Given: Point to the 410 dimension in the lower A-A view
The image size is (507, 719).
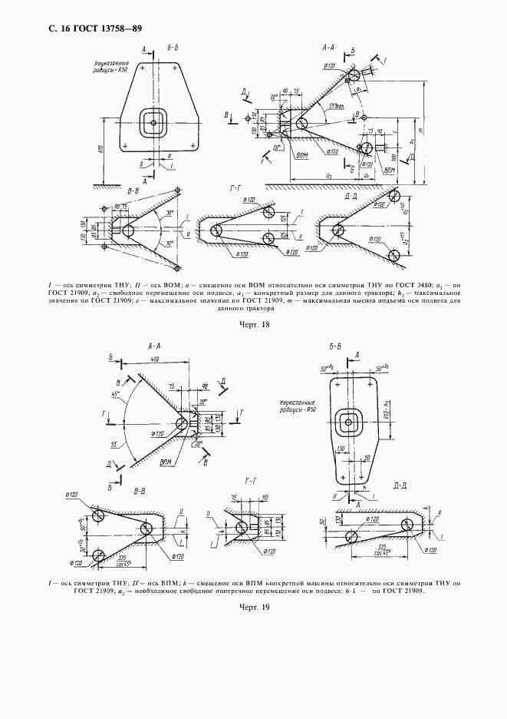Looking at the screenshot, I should pos(156,359).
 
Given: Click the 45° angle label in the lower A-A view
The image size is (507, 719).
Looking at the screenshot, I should pos(117,393).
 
